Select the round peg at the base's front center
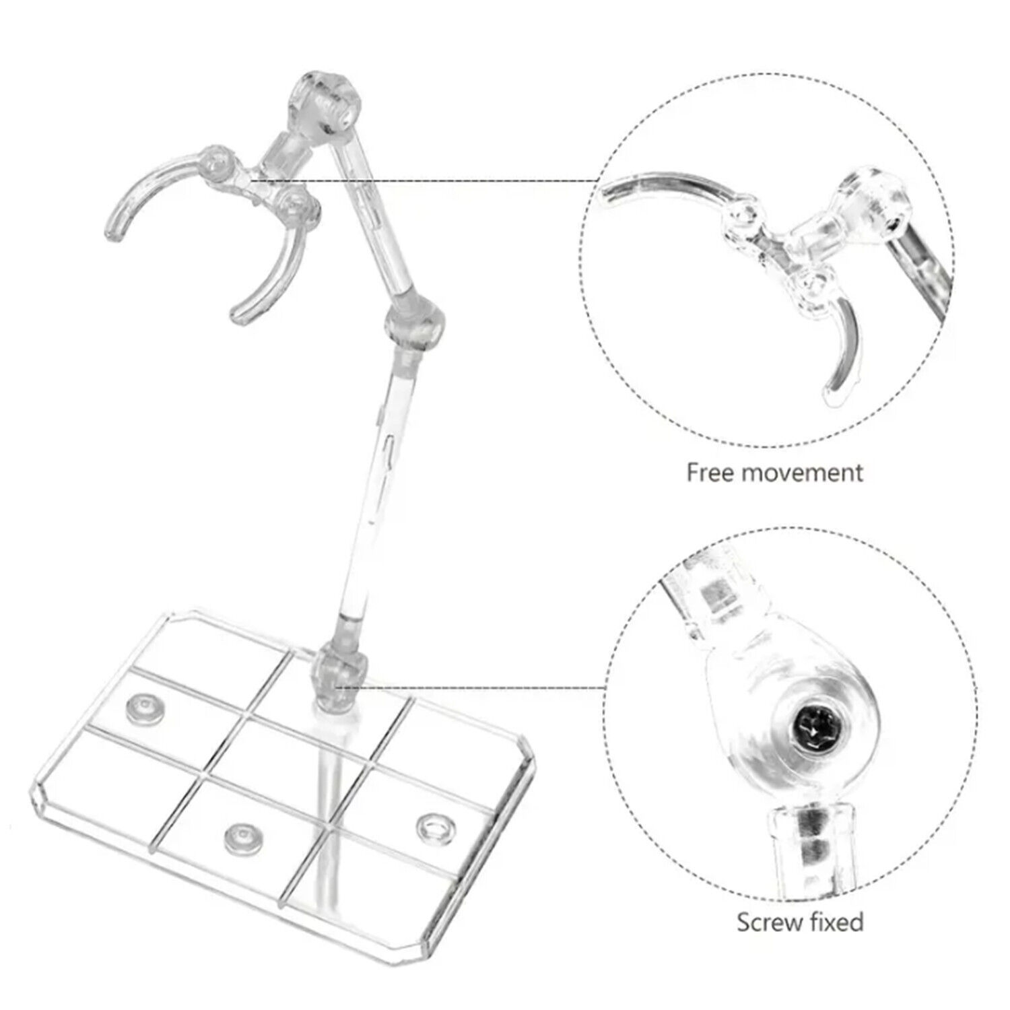(x=242, y=838)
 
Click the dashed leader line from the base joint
(x=472, y=687)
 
